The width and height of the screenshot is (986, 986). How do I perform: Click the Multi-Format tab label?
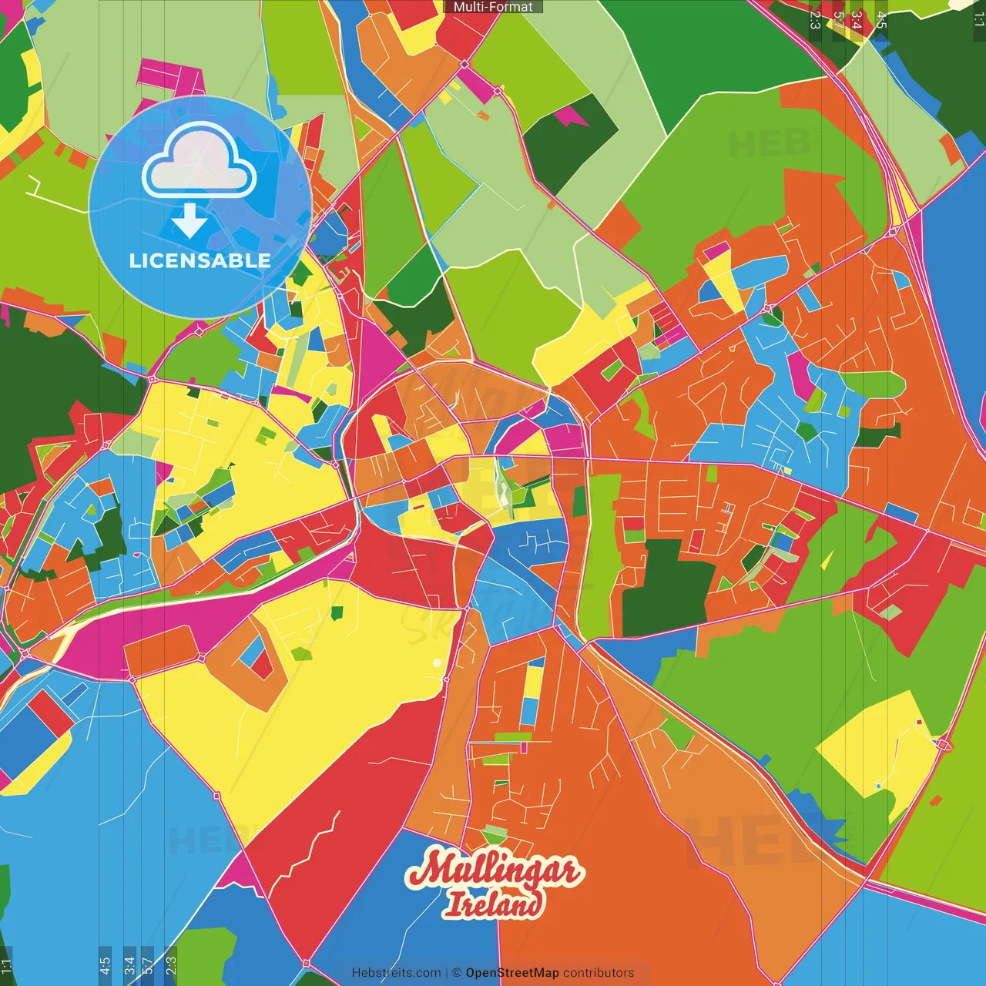point(493,7)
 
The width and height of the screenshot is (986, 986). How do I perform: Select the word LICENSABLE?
point(200,260)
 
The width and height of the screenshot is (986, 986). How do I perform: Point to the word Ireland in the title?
point(494,904)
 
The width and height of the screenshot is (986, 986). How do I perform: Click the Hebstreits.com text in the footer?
point(396,973)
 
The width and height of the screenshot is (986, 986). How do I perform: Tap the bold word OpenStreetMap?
point(511,973)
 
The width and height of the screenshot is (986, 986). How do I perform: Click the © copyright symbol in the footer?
point(456,973)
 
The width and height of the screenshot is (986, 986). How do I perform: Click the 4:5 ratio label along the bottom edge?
point(105,964)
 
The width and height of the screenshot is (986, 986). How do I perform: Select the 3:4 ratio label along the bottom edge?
point(129,964)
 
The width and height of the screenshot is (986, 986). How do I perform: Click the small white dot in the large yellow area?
point(437,662)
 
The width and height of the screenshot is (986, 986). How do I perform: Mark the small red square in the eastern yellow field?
point(919,723)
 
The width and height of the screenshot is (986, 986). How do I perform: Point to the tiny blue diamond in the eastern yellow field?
point(878,786)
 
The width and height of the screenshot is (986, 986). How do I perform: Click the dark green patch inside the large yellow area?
point(337,612)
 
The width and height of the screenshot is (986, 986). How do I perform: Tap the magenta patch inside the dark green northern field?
point(571,117)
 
